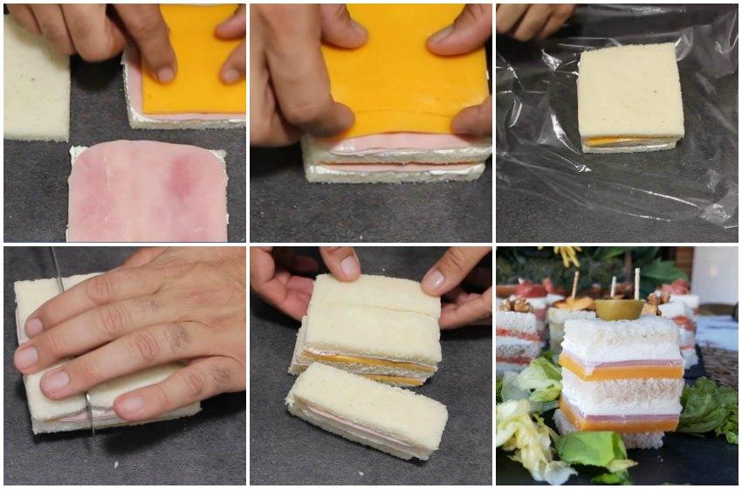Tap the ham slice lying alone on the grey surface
point(147,191)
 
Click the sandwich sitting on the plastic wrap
point(630,96)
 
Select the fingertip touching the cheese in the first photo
point(165,74)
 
